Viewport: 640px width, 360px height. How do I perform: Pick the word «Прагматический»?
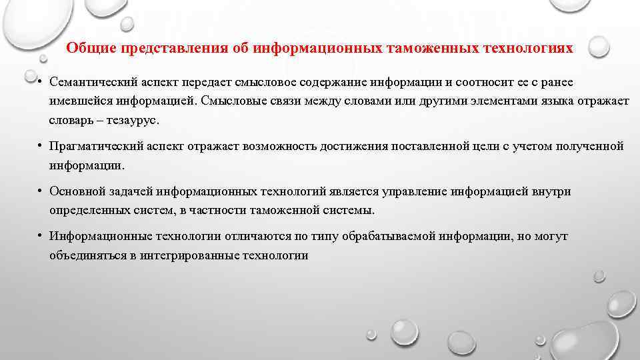pyautogui.click(x=94, y=146)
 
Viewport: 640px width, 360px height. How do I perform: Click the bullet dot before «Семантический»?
pyautogui.click(x=41, y=82)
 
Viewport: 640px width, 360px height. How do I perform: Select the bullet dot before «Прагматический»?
pyautogui.click(x=41, y=146)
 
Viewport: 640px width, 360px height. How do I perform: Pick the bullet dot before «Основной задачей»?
pyautogui.click(x=41, y=191)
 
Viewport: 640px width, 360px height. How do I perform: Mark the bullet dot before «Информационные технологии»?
pyautogui.click(x=41, y=236)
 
